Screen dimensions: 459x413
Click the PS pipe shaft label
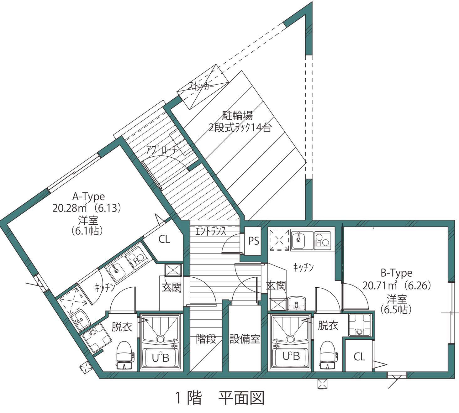254,241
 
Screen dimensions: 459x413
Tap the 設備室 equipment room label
245,339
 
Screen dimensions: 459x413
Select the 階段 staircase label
206,339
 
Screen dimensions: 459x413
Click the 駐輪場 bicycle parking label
238,116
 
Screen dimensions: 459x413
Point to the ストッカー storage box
203,87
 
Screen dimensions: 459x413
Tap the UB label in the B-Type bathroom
291,356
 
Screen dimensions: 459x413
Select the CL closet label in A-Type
164,239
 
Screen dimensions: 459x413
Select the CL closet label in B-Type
359,357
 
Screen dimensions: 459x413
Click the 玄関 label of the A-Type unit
171,287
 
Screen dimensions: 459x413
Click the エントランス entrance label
210,232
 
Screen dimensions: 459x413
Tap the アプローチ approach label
162,150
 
